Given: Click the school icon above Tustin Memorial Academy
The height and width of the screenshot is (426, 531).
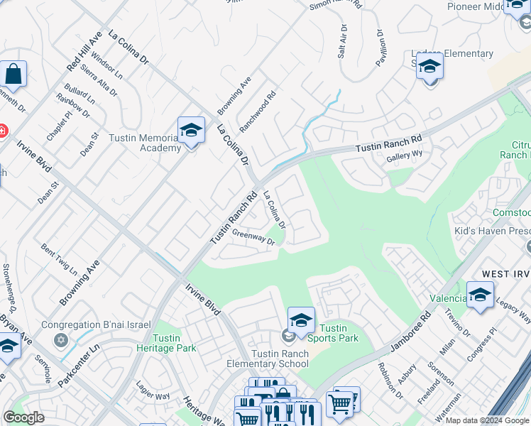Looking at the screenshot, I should pyautogui.click(x=191, y=130).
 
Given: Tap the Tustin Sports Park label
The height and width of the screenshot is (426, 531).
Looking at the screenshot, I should pyautogui.click(x=339, y=333).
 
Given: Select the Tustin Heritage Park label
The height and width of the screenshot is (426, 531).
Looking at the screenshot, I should pyautogui.click(x=166, y=342).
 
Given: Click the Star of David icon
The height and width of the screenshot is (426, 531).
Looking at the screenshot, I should pyautogui.click(x=61, y=339).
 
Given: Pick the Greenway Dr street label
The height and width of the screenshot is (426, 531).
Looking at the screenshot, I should pyautogui.click(x=253, y=237).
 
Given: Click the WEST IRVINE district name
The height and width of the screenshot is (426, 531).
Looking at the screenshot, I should pyautogui.click(x=496, y=274).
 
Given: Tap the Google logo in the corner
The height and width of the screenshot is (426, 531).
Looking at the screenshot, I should pyautogui.click(x=23, y=417).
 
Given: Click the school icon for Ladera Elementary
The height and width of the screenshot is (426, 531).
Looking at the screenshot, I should pyautogui.click(x=429, y=67).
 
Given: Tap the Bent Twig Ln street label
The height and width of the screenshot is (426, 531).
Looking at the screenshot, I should pyautogui.click(x=59, y=260).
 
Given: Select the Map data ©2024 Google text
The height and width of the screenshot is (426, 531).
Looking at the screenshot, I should pyautogui.click(x=487, y=420).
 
